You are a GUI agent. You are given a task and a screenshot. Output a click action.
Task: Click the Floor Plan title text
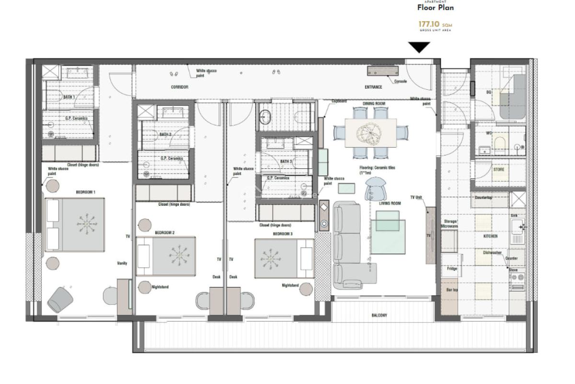point(435,8)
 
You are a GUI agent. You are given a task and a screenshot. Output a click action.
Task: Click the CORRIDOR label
point(180,87)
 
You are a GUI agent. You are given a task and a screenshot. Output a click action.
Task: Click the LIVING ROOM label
point(390,203)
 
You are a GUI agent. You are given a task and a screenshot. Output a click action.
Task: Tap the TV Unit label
point(418,197)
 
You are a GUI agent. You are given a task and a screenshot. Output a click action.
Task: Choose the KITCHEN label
point(490,236)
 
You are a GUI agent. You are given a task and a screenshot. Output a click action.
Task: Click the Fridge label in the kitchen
point(452,268)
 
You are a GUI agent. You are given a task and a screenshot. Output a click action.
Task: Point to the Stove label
point(513,270)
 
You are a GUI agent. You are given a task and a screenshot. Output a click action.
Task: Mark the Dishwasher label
point(492,253)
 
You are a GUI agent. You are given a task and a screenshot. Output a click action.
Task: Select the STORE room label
point(498,169)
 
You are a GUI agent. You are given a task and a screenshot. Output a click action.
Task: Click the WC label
point(489,133)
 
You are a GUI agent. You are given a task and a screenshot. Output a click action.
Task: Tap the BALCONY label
point(379,315)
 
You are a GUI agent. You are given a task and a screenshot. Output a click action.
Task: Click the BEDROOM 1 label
point(85,192)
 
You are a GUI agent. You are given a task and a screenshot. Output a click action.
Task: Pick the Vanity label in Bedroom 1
point(122,263)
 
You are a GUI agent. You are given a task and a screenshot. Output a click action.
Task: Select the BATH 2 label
point(165,135)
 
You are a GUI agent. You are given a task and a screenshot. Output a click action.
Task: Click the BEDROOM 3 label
point(283,234)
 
